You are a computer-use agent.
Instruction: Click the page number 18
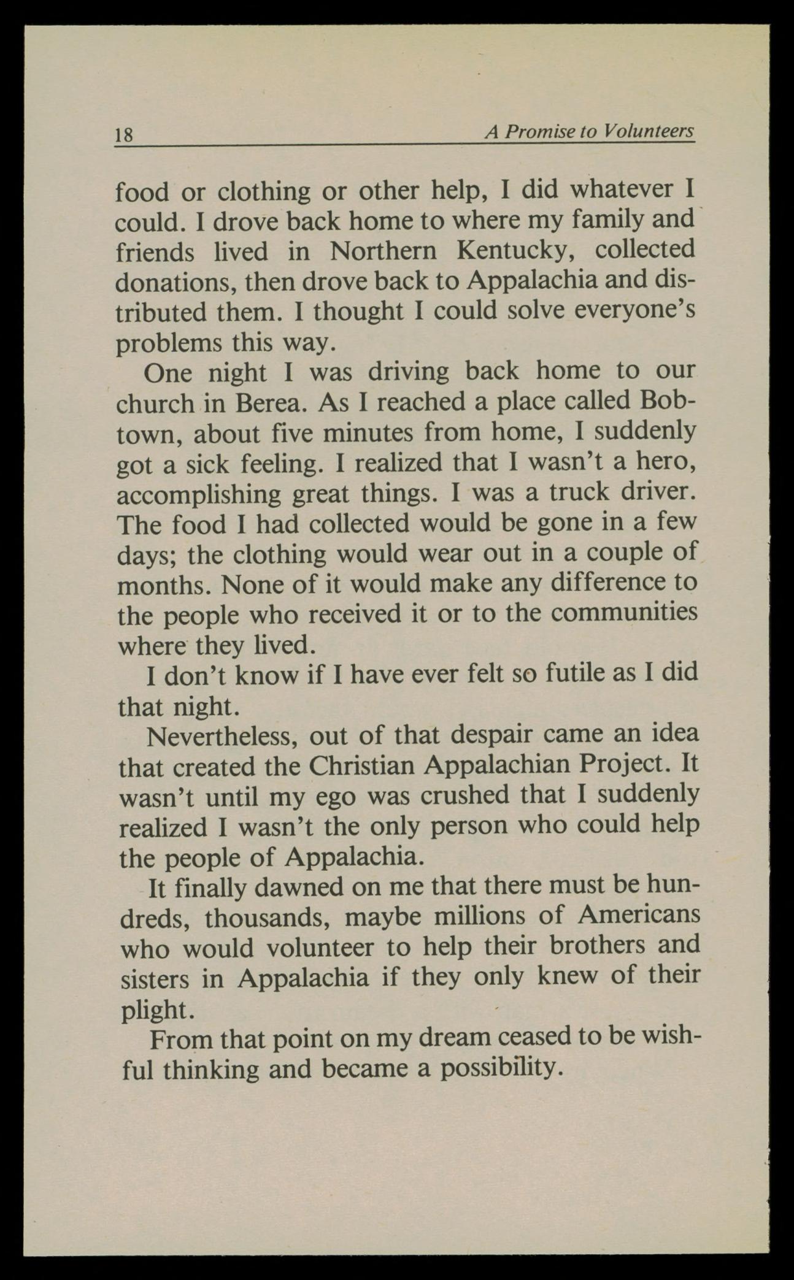(124, 134)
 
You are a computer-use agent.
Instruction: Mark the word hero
(666, 463)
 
